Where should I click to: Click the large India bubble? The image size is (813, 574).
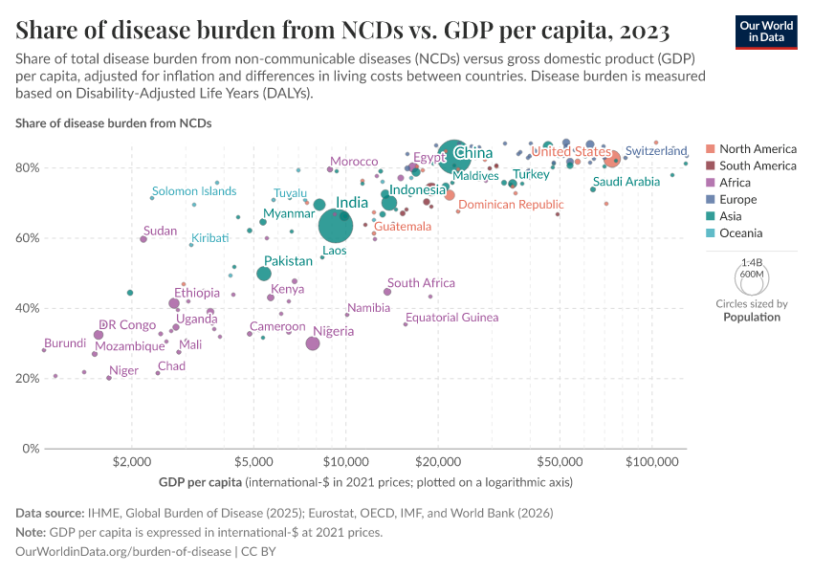point(336,226)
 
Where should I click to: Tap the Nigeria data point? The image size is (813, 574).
point(313,343)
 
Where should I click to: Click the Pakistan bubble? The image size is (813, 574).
point(264,274)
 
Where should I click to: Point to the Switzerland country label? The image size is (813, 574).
point(656,151)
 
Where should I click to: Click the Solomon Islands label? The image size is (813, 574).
point(194,191)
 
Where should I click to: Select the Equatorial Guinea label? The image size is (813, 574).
point(451,318)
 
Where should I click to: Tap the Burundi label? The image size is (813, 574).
point(65,342)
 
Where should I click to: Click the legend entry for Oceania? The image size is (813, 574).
point(740,233)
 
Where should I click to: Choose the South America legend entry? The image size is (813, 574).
point(758,166)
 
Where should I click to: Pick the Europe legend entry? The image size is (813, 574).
point(737,200)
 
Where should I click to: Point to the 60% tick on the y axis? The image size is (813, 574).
point(27,238)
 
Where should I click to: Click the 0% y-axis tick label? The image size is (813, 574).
point(30,449)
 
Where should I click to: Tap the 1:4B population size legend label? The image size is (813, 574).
point(752,262)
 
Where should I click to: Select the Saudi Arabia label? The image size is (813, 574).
point(626,182)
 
